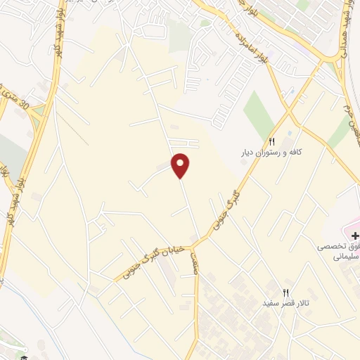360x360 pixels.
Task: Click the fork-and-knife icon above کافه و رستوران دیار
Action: click(x=271, y=140)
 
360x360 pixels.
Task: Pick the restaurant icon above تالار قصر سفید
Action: click(x=285, y=291)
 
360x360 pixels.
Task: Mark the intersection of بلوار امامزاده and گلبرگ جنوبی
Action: click(x=289, y=110)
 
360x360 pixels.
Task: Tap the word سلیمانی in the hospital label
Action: click(x=344, y=257)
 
